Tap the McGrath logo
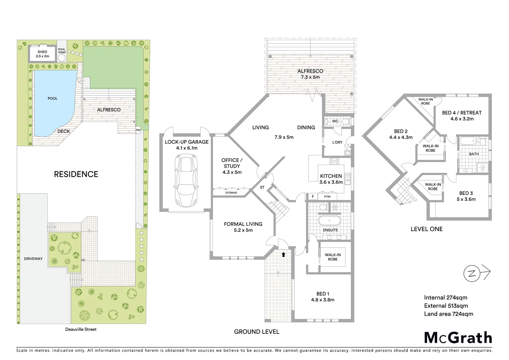click(458, 338)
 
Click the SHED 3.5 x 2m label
click(42, 54)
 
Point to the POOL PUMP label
click(62, 51)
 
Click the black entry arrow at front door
click(283, 255)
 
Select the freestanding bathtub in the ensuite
click(329, 221)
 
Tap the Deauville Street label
click(81, 329)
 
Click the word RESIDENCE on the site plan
click(76, 174)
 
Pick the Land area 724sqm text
click(448, 314)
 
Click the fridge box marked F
click(313, 197)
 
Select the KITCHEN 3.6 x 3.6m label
click(331, 179)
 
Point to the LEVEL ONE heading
click(426, 229)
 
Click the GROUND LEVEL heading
click(256, 332)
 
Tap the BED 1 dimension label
click(322, 297)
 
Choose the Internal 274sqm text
click(445, 298)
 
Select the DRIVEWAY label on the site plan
click(33, 259)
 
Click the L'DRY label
click(337, 142)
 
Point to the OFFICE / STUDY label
click(232, 166)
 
